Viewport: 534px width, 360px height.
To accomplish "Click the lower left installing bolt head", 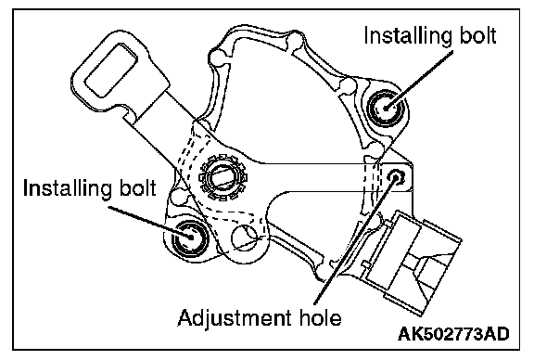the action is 190,238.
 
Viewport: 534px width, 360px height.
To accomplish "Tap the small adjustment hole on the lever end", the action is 397,176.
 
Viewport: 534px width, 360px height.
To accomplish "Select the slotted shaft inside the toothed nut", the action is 223,177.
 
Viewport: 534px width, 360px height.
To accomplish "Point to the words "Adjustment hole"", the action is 260,318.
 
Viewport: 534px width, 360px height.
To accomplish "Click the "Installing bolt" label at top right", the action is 430,35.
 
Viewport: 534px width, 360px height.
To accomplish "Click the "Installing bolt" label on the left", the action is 90,187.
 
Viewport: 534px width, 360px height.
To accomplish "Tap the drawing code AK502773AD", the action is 453,334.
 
